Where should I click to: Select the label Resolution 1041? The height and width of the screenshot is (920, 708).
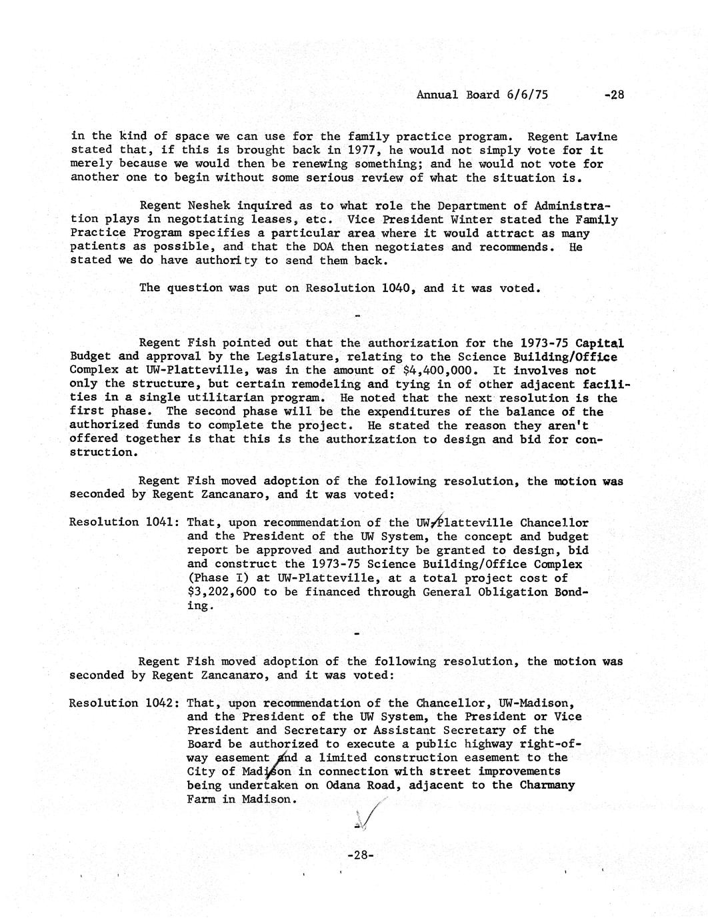pyautogui.click(x=123, y=522)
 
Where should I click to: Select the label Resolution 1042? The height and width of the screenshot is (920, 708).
pyautogui.click(x=123, y=703)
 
